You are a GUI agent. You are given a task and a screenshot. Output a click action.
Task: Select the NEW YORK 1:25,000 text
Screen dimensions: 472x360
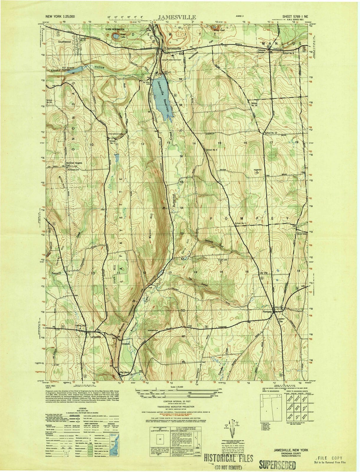click(x=60, y=17)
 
